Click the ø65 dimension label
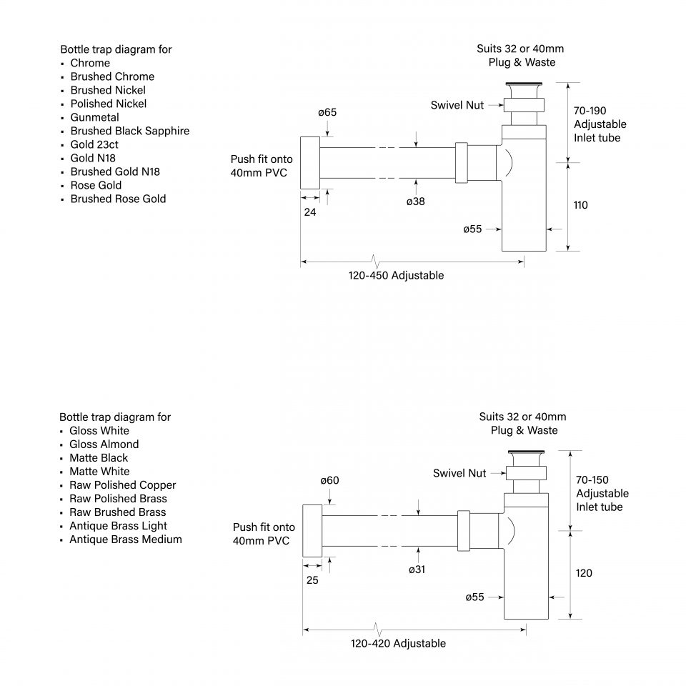tap(327, 112)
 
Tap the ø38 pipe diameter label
tap(415, 202)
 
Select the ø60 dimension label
tap(329, 480)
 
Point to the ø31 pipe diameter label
tap(417, 570)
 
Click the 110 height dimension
tap(580, 205)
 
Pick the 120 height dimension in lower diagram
tap(584, 573)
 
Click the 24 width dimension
tap(310, 212)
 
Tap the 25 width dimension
tap(312, 580)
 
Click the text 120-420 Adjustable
tap(398, 643)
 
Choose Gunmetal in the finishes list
tap(94, 117)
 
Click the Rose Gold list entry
tap(96, 185)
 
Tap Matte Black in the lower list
tap(99, 458)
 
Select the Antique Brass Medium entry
tap(125, 540)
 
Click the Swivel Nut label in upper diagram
tap(457, 105)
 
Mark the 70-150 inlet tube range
tap(592, 480)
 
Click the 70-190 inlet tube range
tap(590, 111)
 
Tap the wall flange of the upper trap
tap(309, 162)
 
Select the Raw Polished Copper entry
tap(122, 485)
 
